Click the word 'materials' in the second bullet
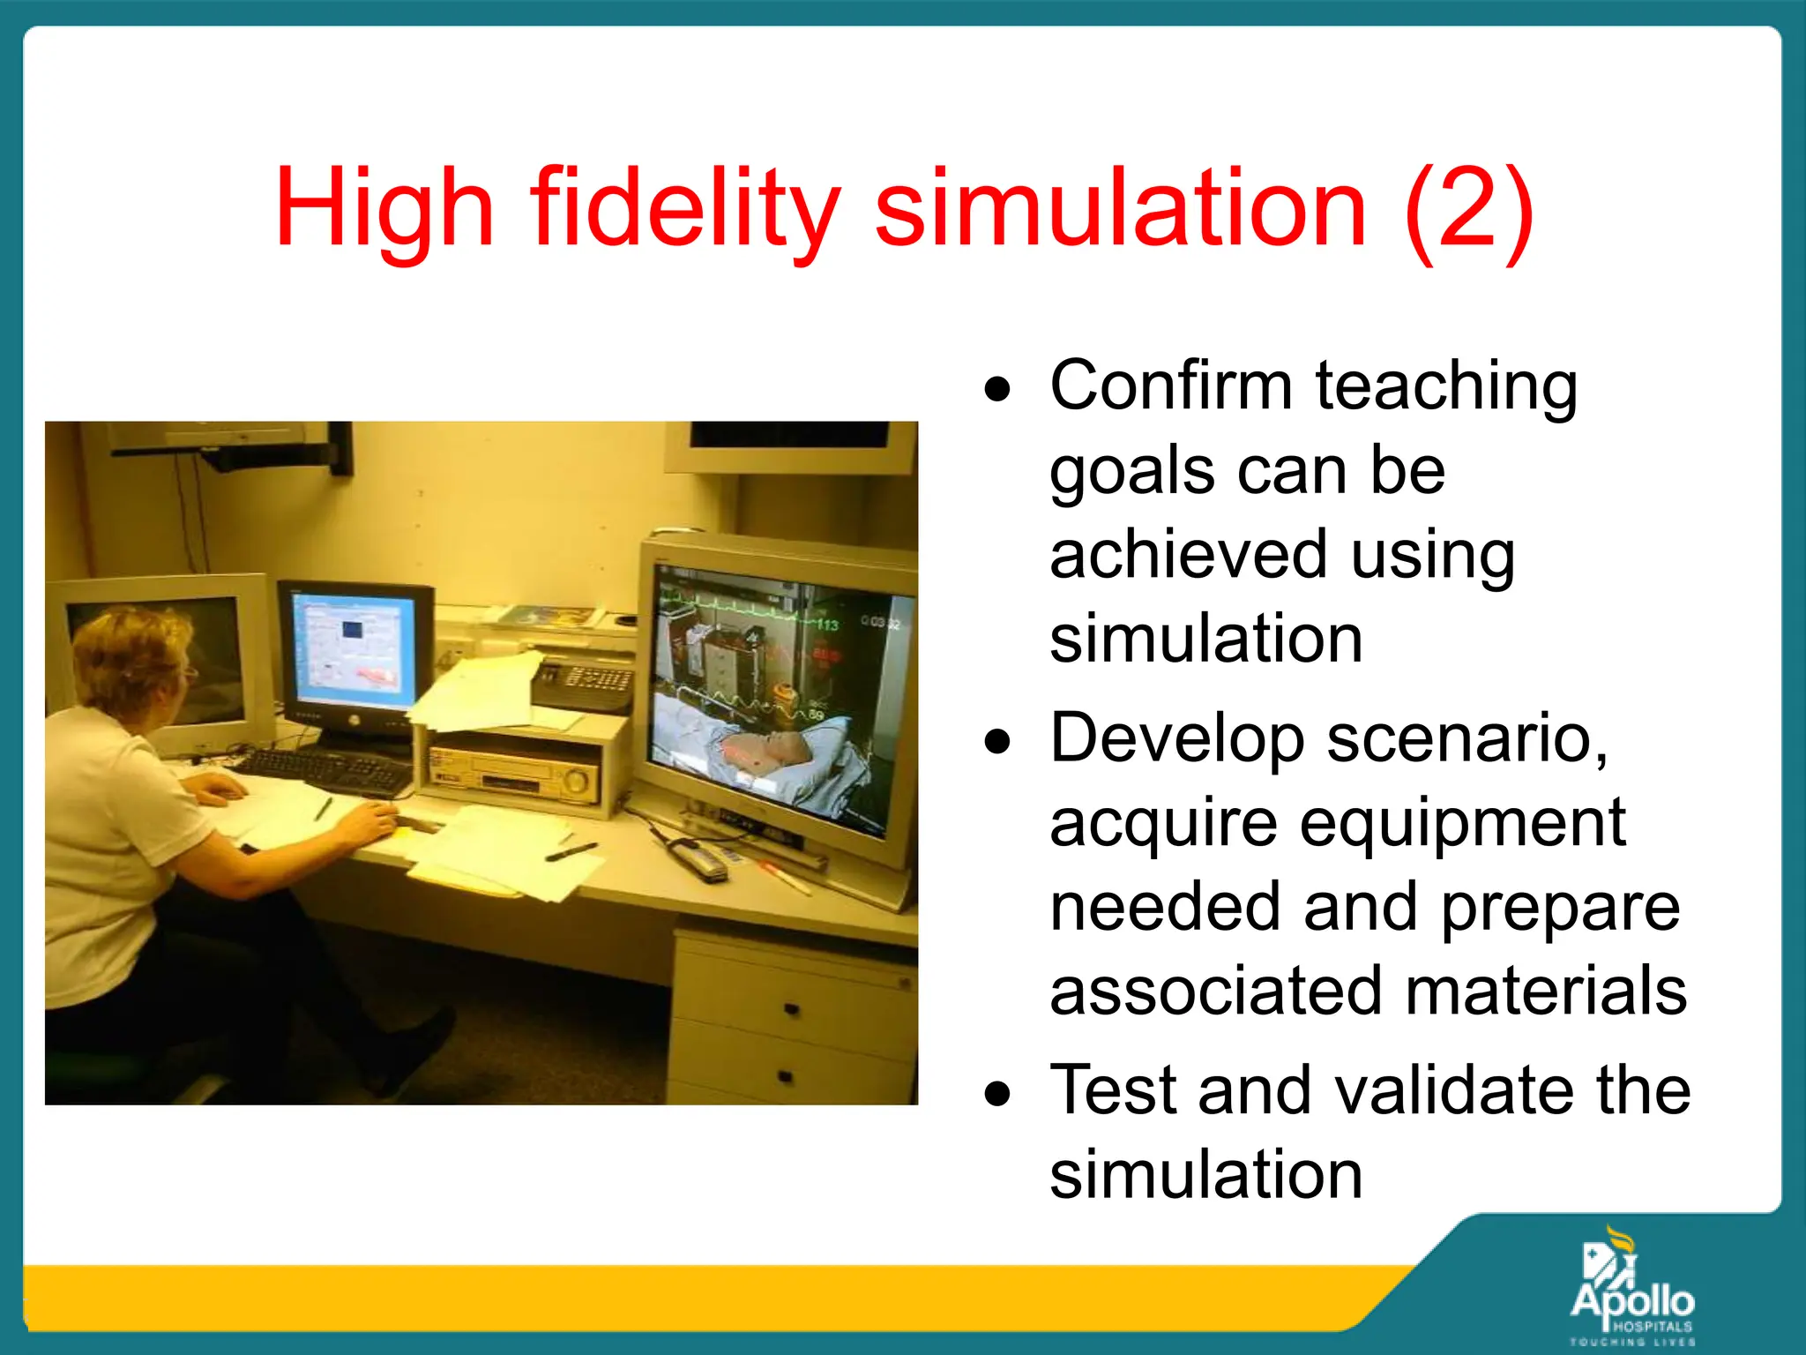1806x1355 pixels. click(1545, 991)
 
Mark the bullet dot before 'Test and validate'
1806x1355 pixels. click(998, 1094)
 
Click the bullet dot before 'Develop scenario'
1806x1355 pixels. click(998, 741)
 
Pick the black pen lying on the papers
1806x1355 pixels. click(571, 851)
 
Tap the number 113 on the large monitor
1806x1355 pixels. click(826, 625)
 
